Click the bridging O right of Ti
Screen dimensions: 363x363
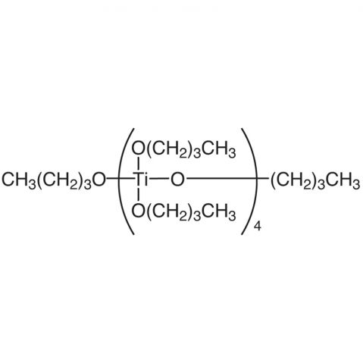(177, 180)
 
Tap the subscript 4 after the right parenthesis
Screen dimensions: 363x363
(258, 227)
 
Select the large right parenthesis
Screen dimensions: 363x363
(250, 181)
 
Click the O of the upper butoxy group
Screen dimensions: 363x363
(139, 149)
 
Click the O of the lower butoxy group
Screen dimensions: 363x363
(139, 211)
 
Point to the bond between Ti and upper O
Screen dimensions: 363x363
(139, 164)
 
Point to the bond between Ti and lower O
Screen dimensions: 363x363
(139, 196)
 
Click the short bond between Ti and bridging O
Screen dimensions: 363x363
(158, 180)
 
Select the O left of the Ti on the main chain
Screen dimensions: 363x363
(99, 180)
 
